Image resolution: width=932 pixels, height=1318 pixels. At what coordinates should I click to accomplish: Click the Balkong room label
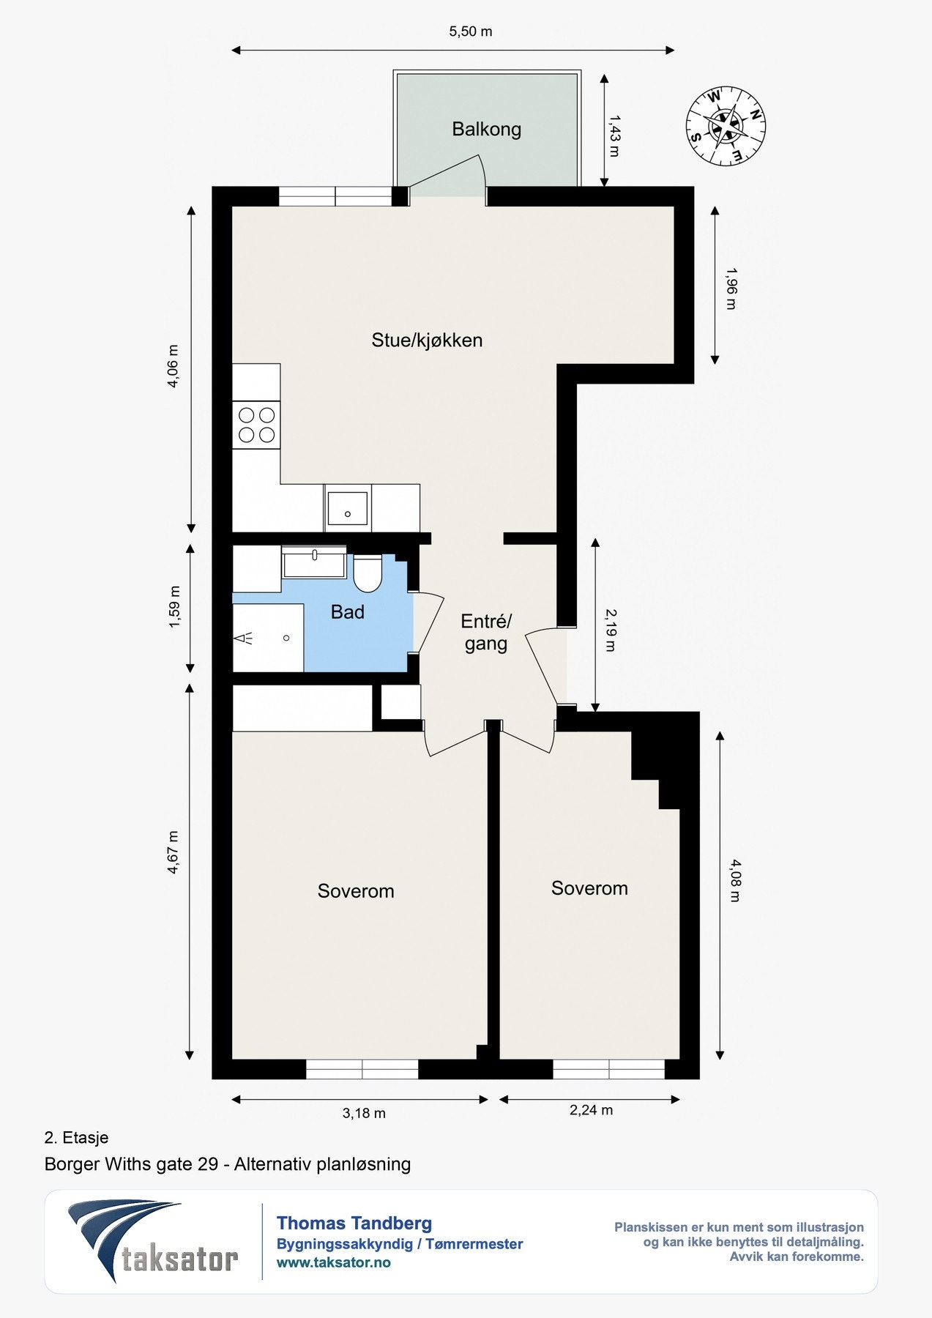coord(486,130)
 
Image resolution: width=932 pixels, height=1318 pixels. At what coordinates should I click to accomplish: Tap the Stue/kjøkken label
coord(427,340)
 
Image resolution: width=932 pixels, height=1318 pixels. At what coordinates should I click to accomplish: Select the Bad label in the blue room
coord(347,612)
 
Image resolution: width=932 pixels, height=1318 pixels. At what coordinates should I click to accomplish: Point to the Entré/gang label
coord(486,633)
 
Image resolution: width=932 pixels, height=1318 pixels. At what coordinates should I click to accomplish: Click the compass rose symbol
coord(726,126)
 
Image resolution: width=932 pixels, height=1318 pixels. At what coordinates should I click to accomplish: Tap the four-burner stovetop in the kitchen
coord(256,425)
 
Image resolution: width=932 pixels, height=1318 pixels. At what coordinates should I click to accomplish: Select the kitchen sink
coord(348,508)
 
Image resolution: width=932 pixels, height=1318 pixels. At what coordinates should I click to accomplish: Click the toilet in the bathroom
coord(367,573)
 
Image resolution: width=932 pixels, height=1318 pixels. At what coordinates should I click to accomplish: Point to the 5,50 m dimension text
coord(470,31)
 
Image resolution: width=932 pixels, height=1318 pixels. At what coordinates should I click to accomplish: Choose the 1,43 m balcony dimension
coord(614,135)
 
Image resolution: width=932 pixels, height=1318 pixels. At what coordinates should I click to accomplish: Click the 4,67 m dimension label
coord(174,852)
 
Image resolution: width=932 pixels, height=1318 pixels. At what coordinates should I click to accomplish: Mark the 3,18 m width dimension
coord(364,1113)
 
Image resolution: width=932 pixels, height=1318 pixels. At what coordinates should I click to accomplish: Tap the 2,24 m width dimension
coord(591,1110)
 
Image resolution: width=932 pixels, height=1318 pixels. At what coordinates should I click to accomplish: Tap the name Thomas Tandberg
coord(354,1223)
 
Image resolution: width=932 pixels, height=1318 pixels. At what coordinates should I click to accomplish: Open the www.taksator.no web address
coord(334,1262)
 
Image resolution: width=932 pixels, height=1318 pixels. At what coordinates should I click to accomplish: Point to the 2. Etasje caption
coord(77,1137)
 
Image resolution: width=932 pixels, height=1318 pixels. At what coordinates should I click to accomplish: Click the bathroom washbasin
coord(314,562)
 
